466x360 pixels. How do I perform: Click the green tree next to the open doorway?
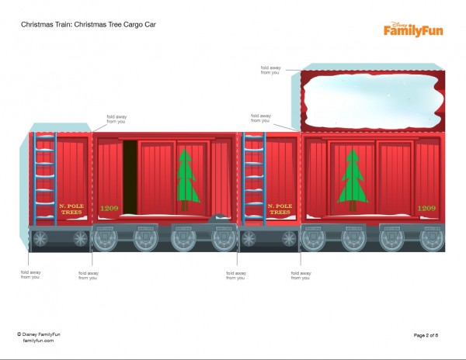click(185, 179)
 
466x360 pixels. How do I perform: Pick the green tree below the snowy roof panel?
click(353, 179)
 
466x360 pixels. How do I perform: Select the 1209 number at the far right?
click(426, 208)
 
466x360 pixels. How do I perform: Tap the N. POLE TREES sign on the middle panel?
click(279, 208)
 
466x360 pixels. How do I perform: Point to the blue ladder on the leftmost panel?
click(45, 178)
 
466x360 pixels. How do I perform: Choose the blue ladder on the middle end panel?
click(254, 178)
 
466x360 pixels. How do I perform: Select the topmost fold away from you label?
click(271, 69)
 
